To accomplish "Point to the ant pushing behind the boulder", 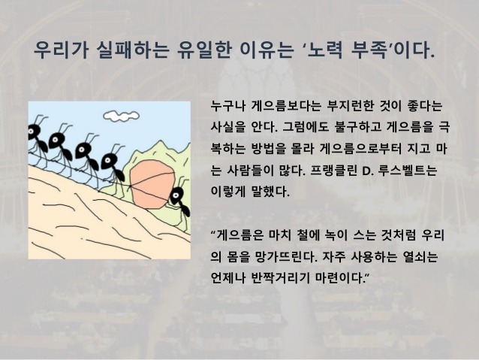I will tap(178, 197).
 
